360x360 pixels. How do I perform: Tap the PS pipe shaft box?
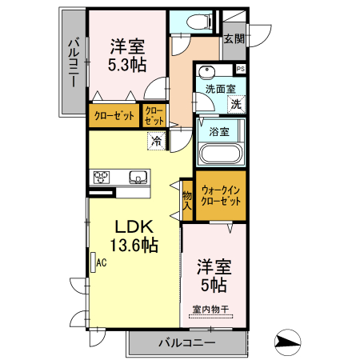[240, 70]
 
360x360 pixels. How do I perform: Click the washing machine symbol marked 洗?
[236, 104]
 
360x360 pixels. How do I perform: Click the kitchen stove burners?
[102, 178]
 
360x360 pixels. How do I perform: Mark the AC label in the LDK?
[102, 261]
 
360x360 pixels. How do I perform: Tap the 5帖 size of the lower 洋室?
[214, 284]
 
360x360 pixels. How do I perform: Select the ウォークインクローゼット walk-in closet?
[221, 197]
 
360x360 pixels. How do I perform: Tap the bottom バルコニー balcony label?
[186, 342]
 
